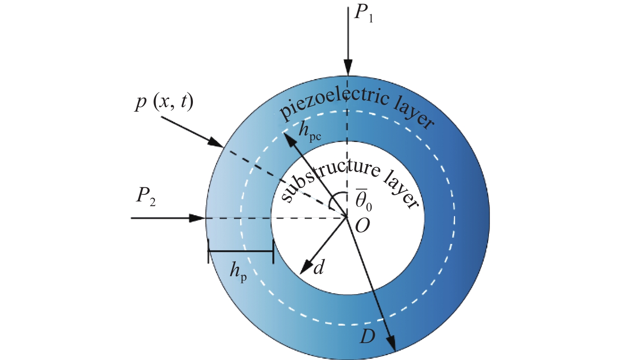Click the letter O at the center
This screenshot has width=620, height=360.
point(362,226)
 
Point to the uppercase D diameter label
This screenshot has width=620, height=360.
point(367,336)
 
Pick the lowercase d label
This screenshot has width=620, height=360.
point(318,267)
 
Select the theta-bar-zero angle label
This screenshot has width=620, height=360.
point(364,201)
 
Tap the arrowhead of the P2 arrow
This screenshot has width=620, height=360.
point(197,218)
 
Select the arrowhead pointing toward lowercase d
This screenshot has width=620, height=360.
point(306,267)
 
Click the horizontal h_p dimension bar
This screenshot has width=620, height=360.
point(241,251)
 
